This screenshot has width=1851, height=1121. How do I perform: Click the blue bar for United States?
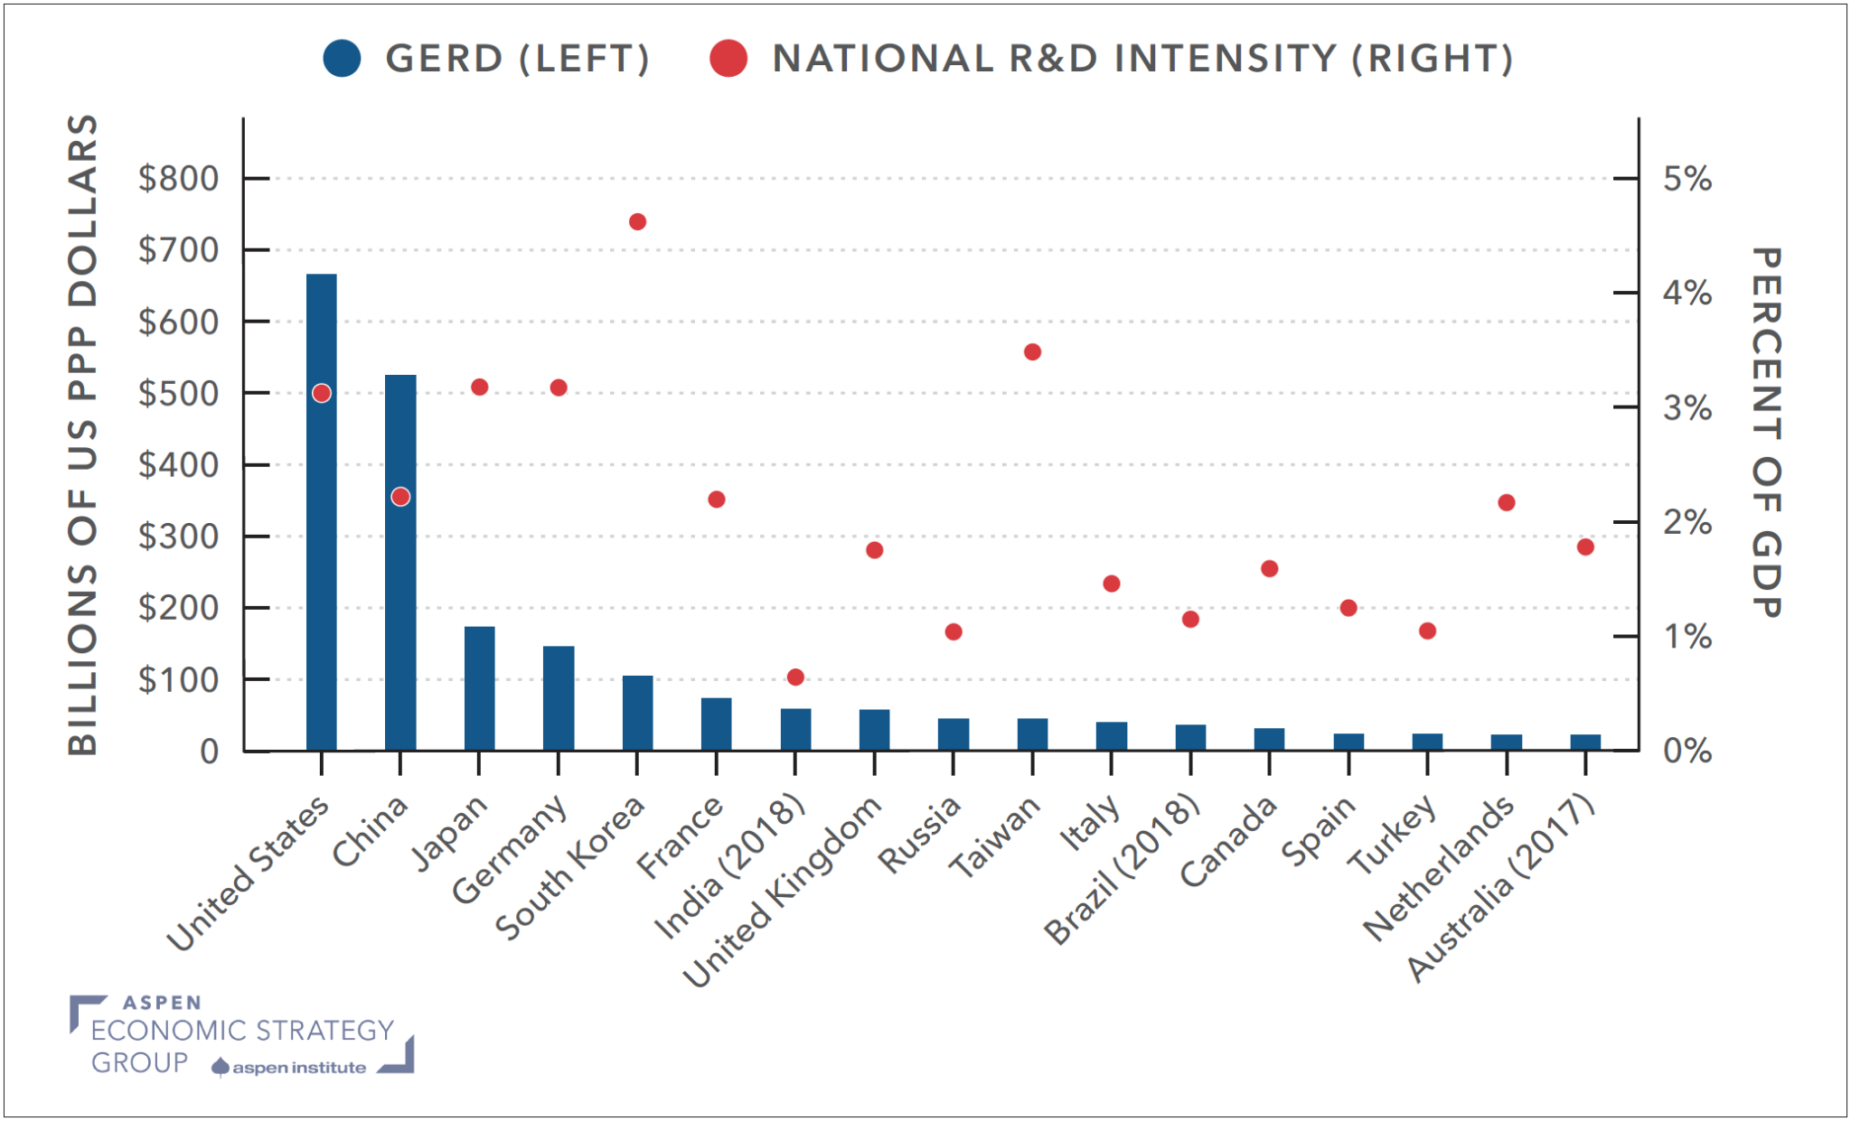pos(321,542)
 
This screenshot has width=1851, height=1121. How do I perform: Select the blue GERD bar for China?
pos(400,614)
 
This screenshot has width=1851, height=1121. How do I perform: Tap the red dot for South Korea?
pos(637,222)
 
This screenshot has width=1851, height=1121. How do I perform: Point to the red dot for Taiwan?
pos(1032,352)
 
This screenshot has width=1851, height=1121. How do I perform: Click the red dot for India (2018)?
pos(795,677)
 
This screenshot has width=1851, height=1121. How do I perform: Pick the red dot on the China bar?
pos(400,497)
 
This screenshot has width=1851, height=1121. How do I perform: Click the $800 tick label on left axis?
pos(178,179)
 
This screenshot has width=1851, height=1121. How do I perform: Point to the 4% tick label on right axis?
pos(1687,294)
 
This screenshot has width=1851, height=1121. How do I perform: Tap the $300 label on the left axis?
pos(178,537)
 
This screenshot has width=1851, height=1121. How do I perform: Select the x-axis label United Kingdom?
pos(783,891)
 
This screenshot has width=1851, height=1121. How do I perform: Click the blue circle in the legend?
pos(343,59)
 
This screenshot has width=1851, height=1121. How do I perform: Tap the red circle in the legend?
pos(728,59)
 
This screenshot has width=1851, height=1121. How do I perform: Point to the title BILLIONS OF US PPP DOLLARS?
pos(82,434)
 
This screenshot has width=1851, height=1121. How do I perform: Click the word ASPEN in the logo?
pos(162,1003)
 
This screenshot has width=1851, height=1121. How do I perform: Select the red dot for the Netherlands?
pos(1506,503)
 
